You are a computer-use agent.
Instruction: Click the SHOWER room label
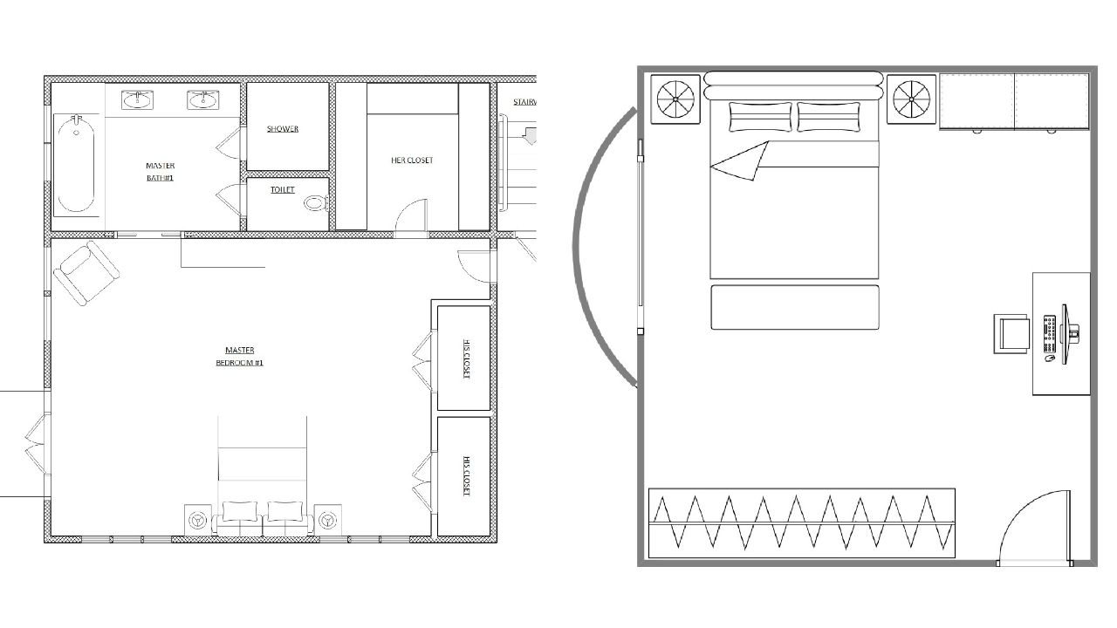pyautogui.click(x=283, y=129)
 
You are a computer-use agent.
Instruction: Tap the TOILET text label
pyautogui.click(x=283, y=190)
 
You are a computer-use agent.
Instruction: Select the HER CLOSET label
pyautogui.click(x=412, y=160)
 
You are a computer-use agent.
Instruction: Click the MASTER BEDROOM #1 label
pyautogui.click(x=239, y=357)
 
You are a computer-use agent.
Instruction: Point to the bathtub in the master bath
pyautogui.click(x=76, y=164)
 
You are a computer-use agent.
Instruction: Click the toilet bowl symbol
pyautogui.click(x=315, y=203)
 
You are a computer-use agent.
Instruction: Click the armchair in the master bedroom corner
pyautogui.click(x=86, y=273)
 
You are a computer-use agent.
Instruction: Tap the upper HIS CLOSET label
pyautogui.click(x=466, y=358)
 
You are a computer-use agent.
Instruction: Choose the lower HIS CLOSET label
pyautogui.click(x=466, y=477)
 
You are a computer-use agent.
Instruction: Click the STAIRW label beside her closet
pyautogui.click(x=524, y=102)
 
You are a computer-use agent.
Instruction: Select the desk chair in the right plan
pyautogui.click(x=1012, y=334)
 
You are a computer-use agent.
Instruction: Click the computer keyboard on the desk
pyautogui.click(x=1051, y=334)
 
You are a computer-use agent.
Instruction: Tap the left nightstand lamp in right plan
pyautogui.click(x=677, y=99)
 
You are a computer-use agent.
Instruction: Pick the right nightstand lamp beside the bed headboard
pyautogui.click(x=912, y=99)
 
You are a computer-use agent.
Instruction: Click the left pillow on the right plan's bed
pyautogui.click(x=760, y=117)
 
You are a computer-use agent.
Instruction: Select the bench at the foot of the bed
pyautogui.click(x=794, y=307)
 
